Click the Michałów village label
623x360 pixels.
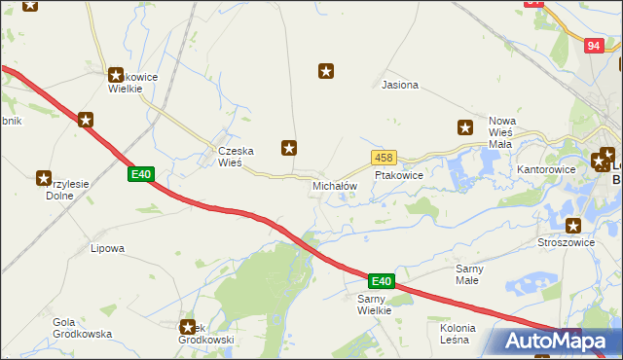[334, 185]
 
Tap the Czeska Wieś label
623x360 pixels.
[236, 157]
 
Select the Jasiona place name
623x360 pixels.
[400, 85]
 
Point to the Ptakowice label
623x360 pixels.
[398, 175]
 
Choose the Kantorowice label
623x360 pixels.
[546, 168]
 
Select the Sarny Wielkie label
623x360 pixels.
[374, 304]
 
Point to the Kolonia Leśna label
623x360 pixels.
[455, 333]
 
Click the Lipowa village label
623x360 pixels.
[107, 248]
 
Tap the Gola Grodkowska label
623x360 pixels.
[83, 328]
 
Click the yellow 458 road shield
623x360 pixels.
[383, 158]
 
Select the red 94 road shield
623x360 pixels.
[595, 46]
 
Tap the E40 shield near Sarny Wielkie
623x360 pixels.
[381, 281]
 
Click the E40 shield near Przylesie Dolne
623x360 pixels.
[141, 174]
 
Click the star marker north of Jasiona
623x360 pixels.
[327, 70]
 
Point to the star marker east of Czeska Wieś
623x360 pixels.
[289, 148]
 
